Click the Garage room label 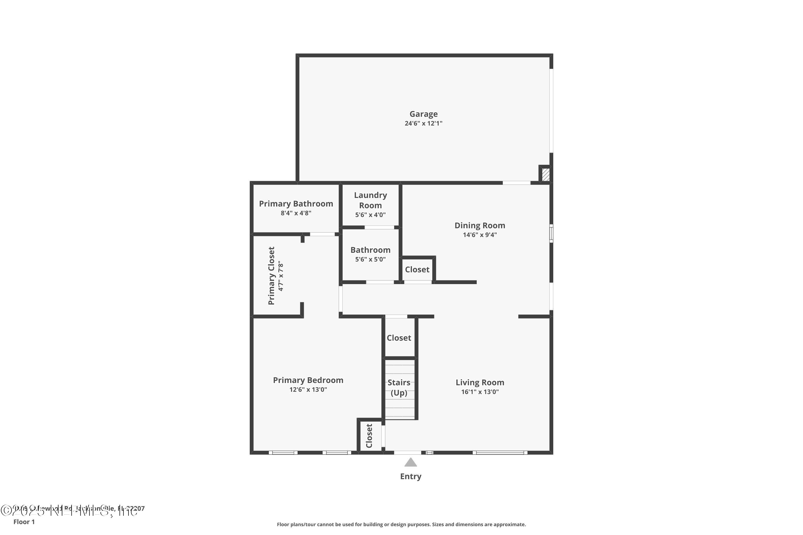[423, 114]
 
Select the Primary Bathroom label [296, 204]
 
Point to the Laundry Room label [370, 200]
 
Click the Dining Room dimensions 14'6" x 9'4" [480, 235]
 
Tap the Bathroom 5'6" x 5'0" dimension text [370, 259]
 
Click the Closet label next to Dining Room [417, 270]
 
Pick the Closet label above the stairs [399, 338]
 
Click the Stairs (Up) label [399, 387]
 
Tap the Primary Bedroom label [308, 380]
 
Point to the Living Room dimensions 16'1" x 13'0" [480, 392]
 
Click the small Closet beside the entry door [369, 436]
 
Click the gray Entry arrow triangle [410, 463]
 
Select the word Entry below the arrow [410, 476]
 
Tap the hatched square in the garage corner [546, 174]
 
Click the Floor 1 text [24, 522]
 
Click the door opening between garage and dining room [516, 183]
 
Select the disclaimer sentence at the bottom [401, 524]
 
